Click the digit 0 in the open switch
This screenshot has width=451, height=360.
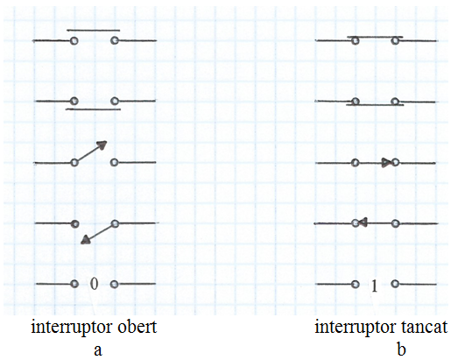pyautogui.click(x=94, y=284)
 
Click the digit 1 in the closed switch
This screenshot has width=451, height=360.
pyautogui.click(x=374, y=286)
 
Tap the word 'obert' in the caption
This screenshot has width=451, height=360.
pyautogui.click(x=137, y=327)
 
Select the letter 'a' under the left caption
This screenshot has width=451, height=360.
pyautogui.click(x=98, y=350)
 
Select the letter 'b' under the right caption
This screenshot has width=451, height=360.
pyautogui.click(x=402, y=349)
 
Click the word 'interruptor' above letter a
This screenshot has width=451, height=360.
pyautogui.click(x=73, y=328)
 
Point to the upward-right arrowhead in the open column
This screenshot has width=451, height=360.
pyautogui.click(x=102, y=145)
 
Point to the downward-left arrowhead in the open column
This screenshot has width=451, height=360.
pyautogui.click(x=85, y=240)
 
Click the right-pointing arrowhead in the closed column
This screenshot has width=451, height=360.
pyautogui.click(x=386, y=163)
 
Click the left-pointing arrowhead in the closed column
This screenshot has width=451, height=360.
pyautogui.click(x=363, y=222)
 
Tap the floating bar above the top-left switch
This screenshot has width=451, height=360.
pyautogui.click(x=93, y=30)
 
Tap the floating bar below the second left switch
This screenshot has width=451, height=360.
pyautogui.click(x=93, y=109)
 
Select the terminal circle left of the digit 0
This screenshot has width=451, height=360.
pyautogui.click(x=74, y=284)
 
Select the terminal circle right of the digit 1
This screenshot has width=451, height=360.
pyautogui.click(x=395, y=284)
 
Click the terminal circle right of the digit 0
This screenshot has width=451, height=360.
pyautogui.click(x=115, y=284)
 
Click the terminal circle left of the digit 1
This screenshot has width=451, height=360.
pyautogui.click(x=355, y=284)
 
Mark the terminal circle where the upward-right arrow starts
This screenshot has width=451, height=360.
pyautogui.click(x=74, y=163)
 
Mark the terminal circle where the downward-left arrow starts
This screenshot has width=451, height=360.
pyautogui.click(x=115, y=223)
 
